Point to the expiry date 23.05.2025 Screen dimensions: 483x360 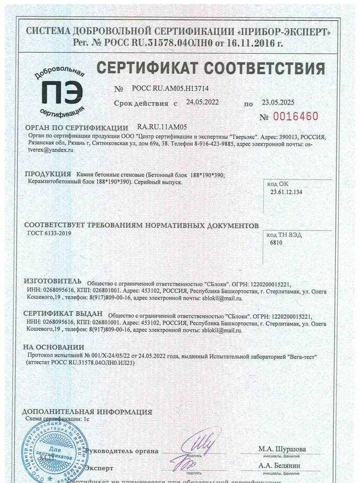278,102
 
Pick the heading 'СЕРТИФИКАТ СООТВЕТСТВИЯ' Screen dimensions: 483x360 211,68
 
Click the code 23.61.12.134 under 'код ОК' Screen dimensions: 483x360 286,192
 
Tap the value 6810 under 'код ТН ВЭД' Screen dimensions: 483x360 276,243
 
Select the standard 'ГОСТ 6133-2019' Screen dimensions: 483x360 48,233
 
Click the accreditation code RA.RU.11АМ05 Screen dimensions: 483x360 162,127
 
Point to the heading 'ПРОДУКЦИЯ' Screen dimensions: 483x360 48,174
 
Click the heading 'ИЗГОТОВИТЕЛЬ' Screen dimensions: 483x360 53,281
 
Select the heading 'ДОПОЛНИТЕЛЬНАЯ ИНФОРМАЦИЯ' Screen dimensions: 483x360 87,412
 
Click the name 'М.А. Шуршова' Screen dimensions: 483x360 282,449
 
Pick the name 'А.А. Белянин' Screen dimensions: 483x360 279,465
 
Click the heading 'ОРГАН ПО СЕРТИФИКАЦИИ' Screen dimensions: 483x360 76,128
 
